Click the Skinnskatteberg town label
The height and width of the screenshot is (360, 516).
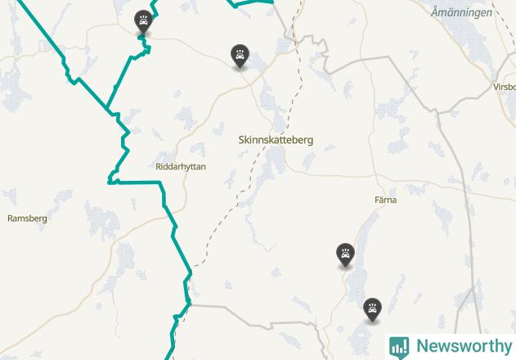(x=276, y=140)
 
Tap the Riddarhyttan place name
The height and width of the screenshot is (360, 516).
(x=181, y=166)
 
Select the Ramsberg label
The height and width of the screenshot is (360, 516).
(x=27, y=218)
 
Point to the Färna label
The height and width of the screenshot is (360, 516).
(x=385, y=200)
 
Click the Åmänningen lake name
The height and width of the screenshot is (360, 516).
(x=462, y=13)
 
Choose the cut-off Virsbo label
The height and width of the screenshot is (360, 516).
(x=504, y=87)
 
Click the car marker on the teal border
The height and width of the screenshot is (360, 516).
(x=144, y=22)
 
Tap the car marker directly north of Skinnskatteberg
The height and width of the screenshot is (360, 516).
(x=240, y=56)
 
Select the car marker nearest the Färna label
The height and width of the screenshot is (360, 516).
(x=346, y=254)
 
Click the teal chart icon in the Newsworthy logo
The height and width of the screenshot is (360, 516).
(x=399, y=346)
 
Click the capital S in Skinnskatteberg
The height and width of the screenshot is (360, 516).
(x=241, y=140)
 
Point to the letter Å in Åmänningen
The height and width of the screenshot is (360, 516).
(x=436, y=12)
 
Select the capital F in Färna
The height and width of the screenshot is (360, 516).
(x=377, y=200)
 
